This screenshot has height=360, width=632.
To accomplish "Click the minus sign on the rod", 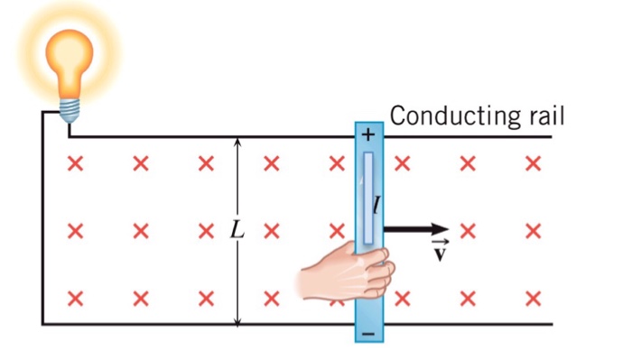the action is point(367,335).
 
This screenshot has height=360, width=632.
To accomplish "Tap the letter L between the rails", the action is point(237,229).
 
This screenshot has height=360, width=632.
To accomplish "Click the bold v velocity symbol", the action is point(440,254).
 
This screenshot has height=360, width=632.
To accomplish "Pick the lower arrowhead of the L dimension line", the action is point(237,319).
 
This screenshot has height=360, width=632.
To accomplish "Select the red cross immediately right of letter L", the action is point(271,229).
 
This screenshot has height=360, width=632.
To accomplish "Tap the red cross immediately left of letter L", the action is point(206,229).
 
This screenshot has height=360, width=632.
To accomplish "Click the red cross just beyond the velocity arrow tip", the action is point(468,229).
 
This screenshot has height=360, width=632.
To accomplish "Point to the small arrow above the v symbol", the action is point(440,242).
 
